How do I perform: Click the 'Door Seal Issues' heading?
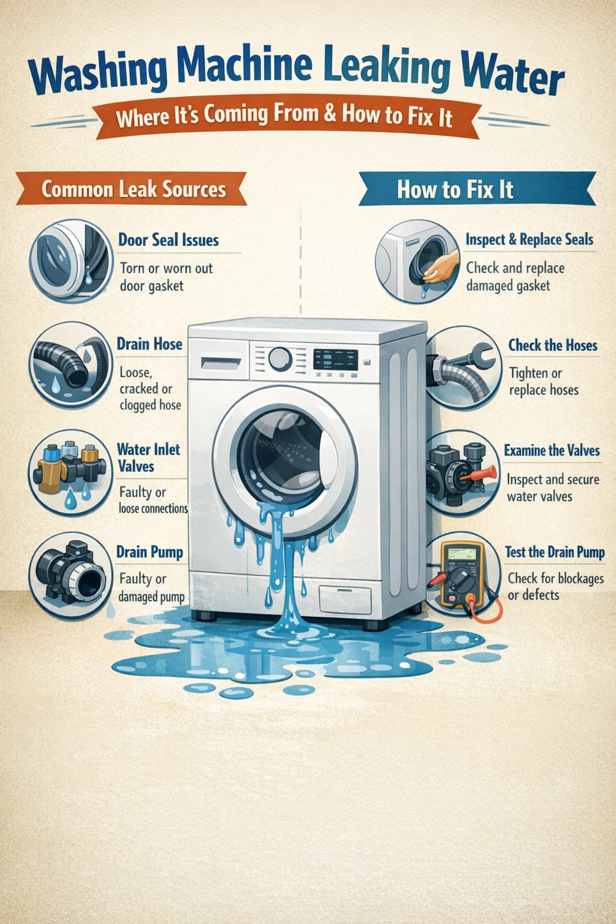click(168, 240)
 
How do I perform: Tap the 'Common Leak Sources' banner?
click(134, 189)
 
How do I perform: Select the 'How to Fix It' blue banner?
click(455, 189)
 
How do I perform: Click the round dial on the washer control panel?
click(280, 359)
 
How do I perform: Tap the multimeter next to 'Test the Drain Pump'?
click(463, 574)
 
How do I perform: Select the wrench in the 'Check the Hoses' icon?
click(475, 356)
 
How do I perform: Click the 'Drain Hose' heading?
click(149, 344)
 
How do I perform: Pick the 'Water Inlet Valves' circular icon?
click(70, 472)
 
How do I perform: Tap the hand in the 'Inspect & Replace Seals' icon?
click(442, 266)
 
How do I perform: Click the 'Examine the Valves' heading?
click(552, 451)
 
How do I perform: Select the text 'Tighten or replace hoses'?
click(543, 381)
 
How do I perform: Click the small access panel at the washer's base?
click(345, 599)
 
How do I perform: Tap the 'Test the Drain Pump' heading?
click(555, 552)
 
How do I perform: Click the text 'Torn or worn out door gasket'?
click(166, 277)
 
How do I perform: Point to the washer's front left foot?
click(205, 616)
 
